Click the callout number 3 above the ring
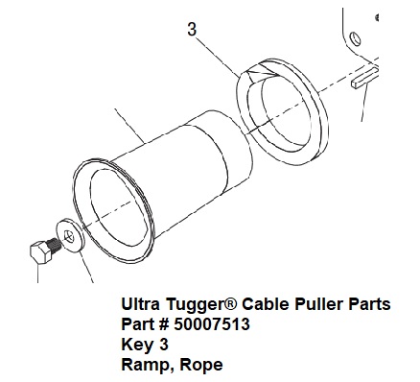(192, 30)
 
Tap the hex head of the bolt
(40, 252)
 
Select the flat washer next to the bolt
(70, 236)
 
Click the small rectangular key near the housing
(365, 79)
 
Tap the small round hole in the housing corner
(356, 39)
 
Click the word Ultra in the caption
(140, 304)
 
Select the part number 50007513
(212, 324)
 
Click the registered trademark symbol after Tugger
(232, 303)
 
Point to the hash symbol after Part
(163, 324)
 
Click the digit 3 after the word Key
(163, 345)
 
